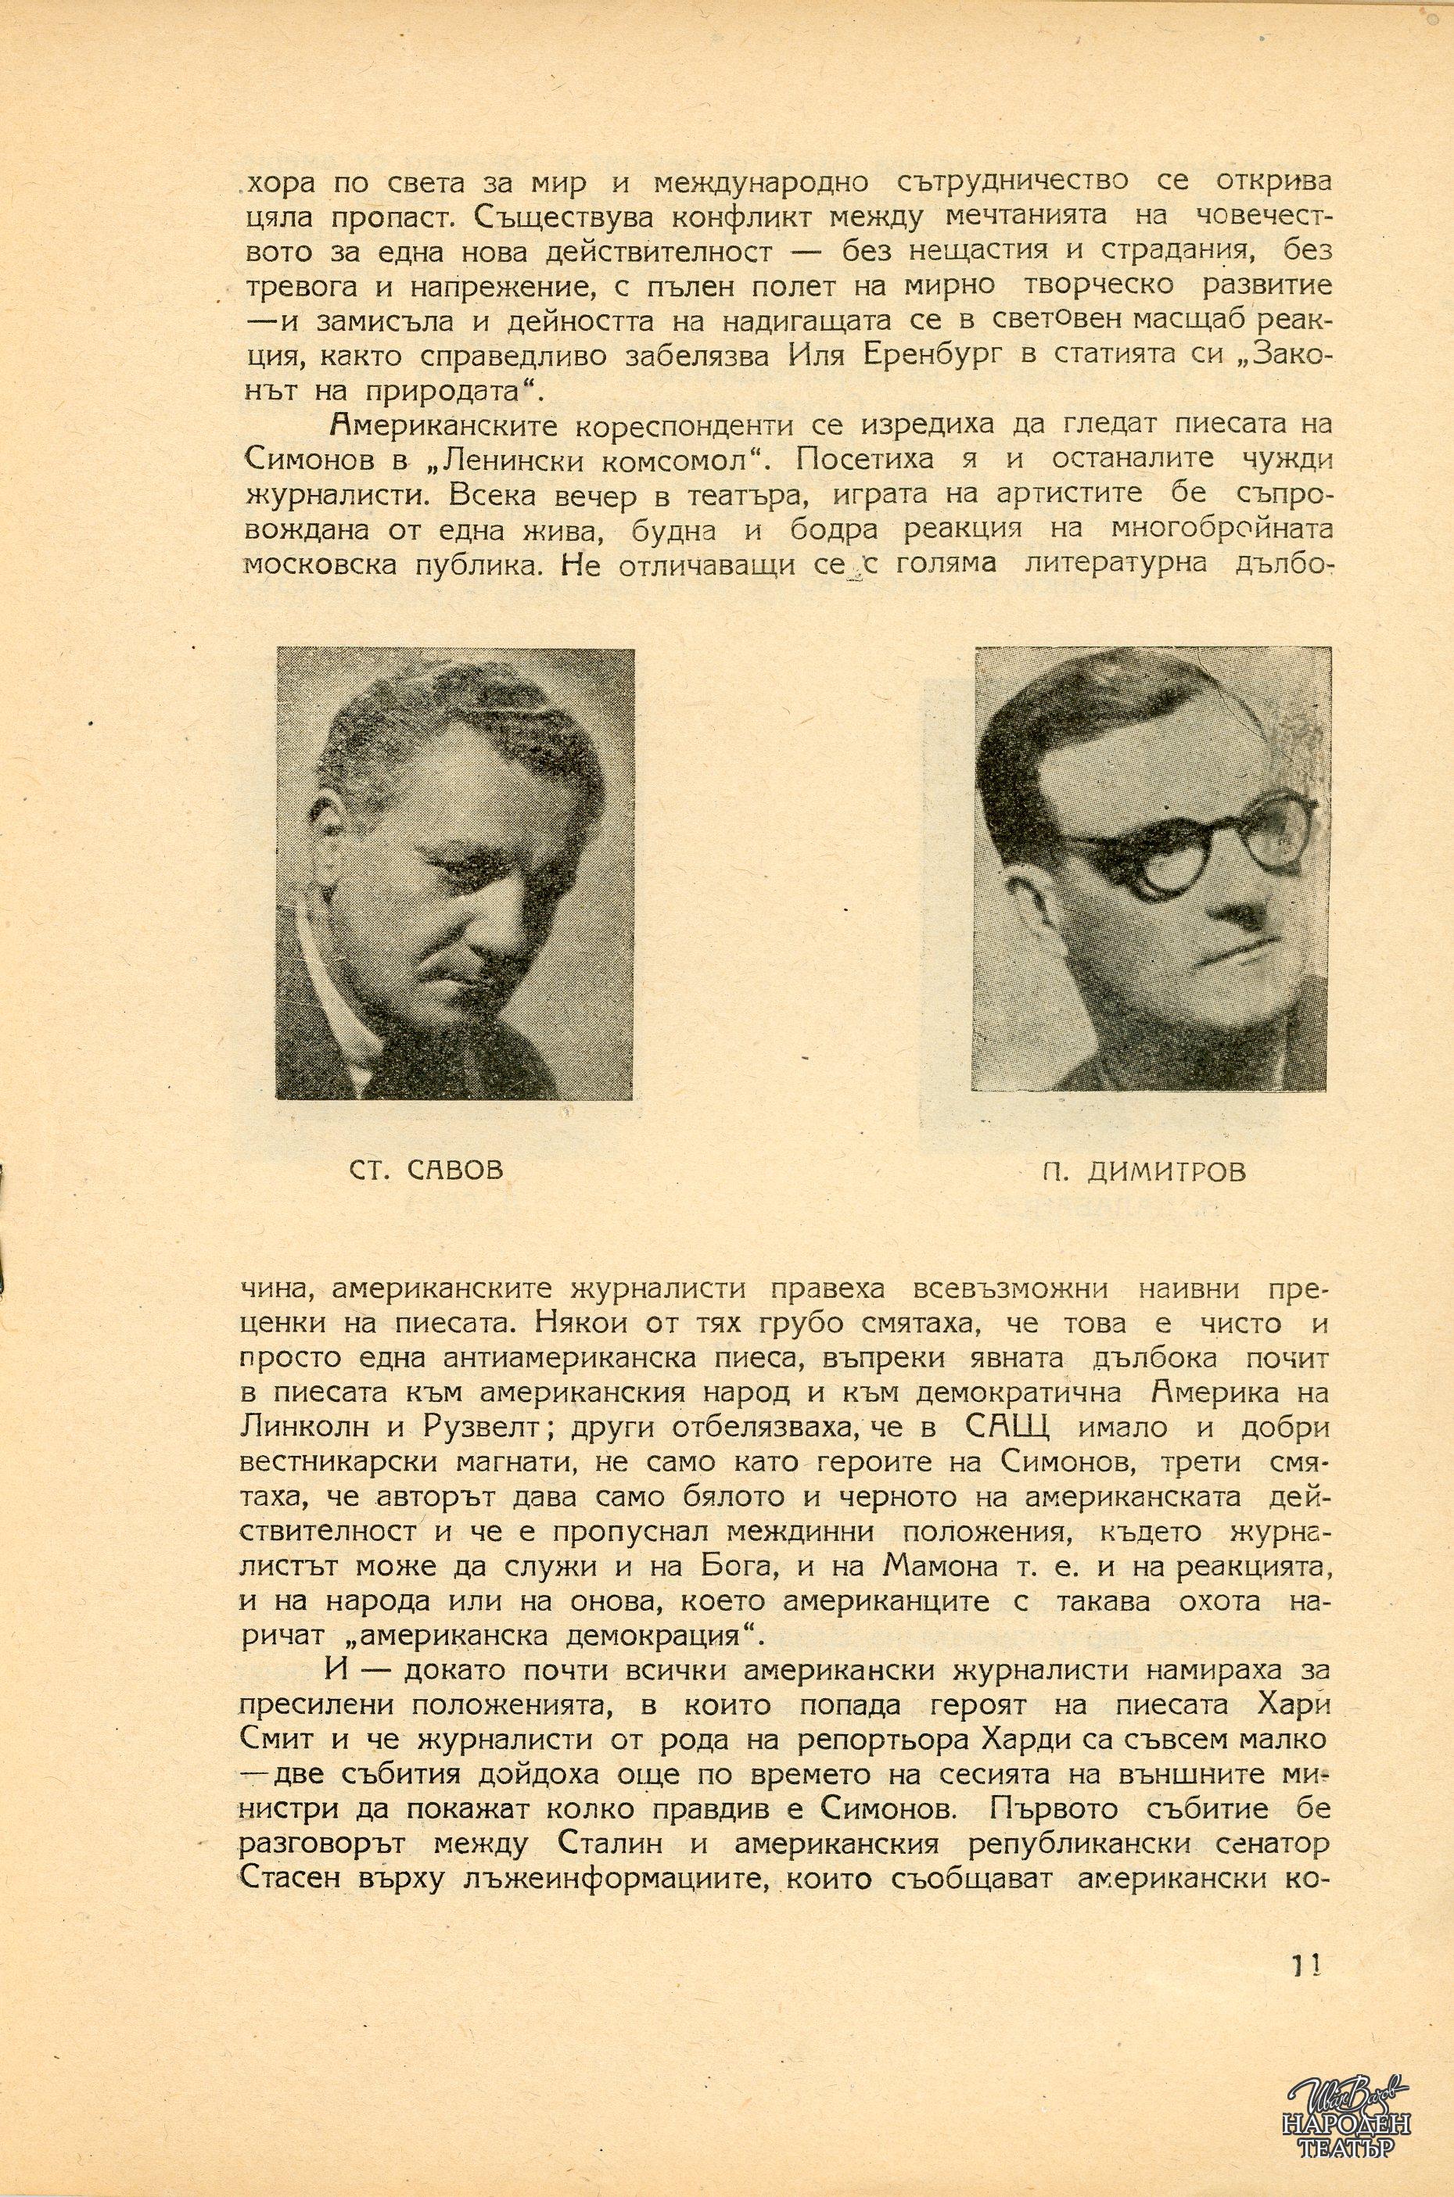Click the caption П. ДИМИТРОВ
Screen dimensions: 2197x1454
click(x=1143, y=1170)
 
